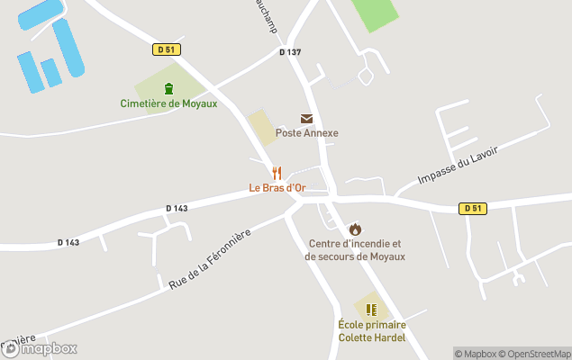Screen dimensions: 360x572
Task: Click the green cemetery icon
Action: tap(168, 88)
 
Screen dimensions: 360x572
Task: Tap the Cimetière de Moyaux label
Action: tap(168, 103)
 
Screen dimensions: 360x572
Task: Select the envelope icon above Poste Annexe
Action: tap(306, 119)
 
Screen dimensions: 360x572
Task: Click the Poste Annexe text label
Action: tap(306, 133)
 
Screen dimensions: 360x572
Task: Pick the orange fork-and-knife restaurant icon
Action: tap(277, 173)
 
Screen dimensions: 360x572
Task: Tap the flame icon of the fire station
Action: tap(355, 229)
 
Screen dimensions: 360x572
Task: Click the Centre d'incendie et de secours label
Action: tap(355, 250)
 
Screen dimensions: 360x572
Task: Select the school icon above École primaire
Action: tap(371, 310)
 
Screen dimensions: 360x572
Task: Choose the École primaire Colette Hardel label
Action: tap(371, 331)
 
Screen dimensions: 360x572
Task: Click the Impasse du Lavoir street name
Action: tap(458, 167)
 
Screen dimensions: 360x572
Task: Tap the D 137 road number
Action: tap(290, 52)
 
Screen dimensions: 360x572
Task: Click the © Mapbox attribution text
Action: tap(475, 354)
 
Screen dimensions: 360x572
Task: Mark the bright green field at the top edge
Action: tap(374, 13)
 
